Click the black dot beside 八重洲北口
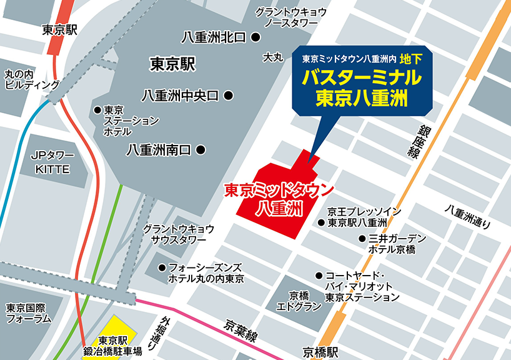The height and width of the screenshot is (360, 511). [255, 37]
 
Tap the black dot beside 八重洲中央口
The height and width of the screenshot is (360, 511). [229, 96]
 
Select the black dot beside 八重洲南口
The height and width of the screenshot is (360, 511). [201, 150]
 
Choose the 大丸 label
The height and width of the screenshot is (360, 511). [273, 57]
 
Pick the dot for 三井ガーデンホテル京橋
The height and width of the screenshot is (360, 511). [362, 239]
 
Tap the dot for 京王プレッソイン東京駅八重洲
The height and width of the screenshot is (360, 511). [321, 222]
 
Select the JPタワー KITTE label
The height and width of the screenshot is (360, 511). [52, 162]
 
